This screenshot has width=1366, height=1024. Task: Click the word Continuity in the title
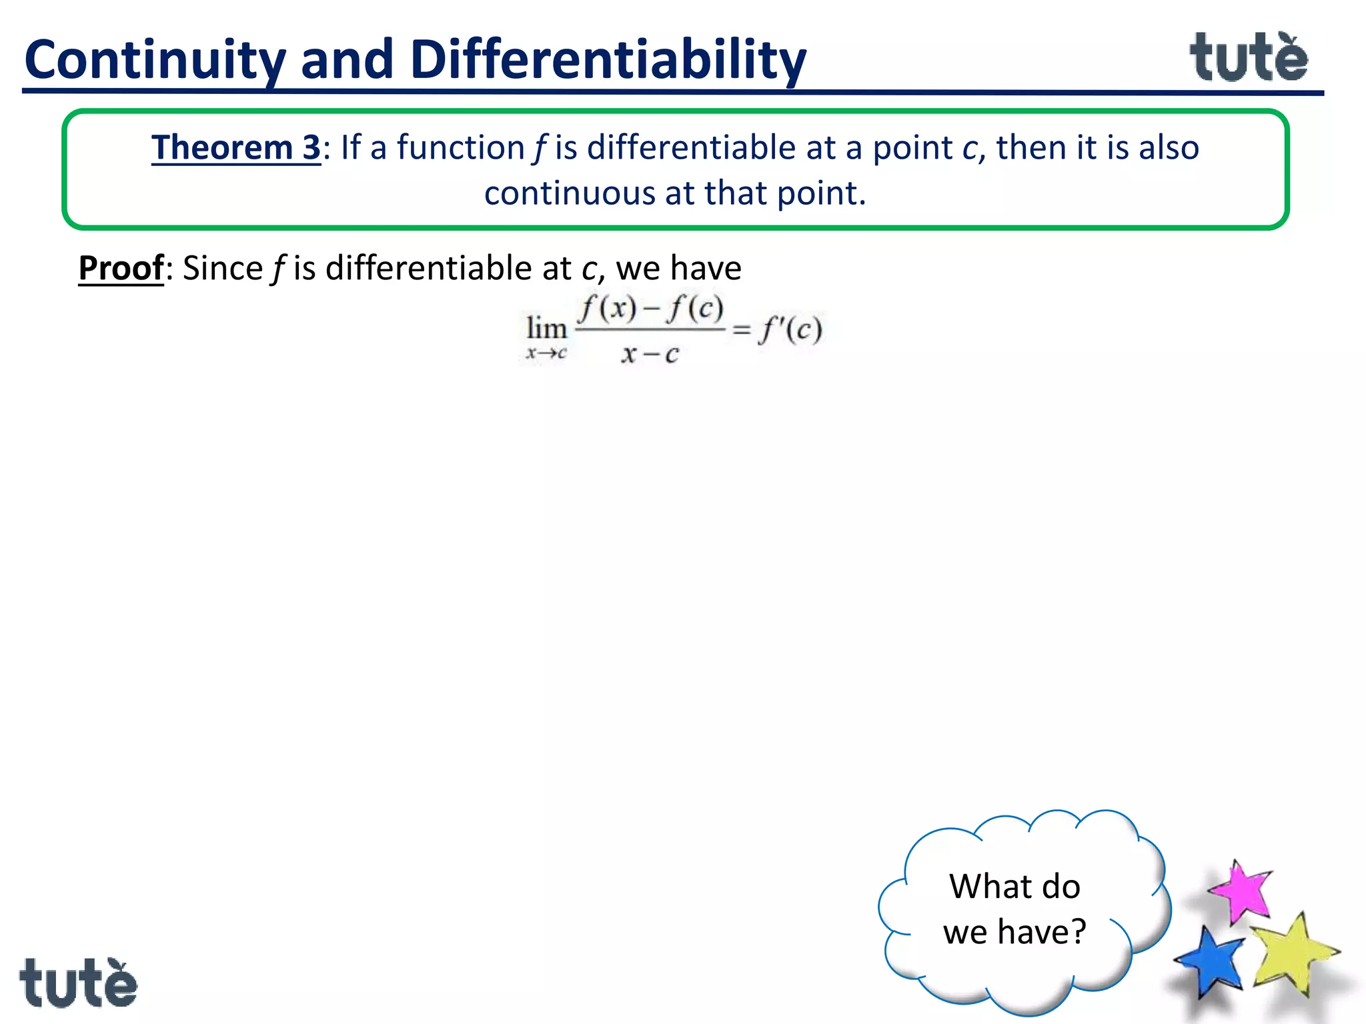pyautogui.click(x=155, y=60)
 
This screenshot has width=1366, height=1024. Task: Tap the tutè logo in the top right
pyautogui.click(x=1249, y=58)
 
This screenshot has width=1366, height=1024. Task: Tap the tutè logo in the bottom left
pyautogui.click(x=78, y=983)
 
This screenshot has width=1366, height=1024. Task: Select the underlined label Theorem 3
pyautogui.click(x=236, y=147)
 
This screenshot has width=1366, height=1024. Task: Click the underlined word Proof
pyautogui.click(x=121, y=268)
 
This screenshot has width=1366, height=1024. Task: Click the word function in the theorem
pyautogui.click(x=461, y=147)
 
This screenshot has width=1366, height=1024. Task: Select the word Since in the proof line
pyautogui.click(x=223, y=268)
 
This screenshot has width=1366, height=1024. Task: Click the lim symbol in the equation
pyautogui.click(x=546, y=329)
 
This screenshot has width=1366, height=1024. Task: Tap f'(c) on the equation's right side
pyautogui.click(x=790, y=329)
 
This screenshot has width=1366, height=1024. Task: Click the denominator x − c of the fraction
pyautogui.click(x=650, y=354)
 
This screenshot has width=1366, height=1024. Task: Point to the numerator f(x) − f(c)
pyautogui.click(x=651, y=309)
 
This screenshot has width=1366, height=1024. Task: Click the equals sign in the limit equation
pyautogui.click(x=742, y=329)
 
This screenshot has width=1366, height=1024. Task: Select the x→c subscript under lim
pyautogui.click(x=546, y=353)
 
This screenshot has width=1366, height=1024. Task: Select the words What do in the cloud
pyautogui.click(x=1014, y=887)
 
